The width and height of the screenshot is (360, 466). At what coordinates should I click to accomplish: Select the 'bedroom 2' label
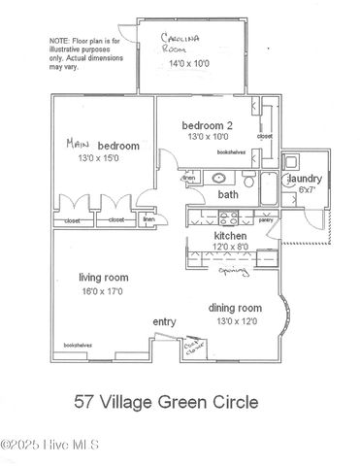(208, 126)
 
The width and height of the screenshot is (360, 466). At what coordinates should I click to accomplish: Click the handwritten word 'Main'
(78, 143)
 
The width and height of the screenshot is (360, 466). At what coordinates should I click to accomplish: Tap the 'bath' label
(228, 194)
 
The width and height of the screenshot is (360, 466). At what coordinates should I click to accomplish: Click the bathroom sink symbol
(219, 179)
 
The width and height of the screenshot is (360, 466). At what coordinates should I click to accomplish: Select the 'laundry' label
(302, 180)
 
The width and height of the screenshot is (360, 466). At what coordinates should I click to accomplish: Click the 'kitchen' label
(230, 236)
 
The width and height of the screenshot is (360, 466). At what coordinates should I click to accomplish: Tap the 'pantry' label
(265, 220)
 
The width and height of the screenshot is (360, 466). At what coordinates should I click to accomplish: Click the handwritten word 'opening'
(233, 273)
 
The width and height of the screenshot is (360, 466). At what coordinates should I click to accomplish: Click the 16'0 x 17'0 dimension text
(103, 290)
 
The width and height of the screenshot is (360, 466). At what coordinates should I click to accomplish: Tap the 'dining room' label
(236, 309)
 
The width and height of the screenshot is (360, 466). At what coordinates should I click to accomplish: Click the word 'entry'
(164, 321)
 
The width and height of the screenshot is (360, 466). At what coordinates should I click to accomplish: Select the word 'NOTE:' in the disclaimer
(60, 40)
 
